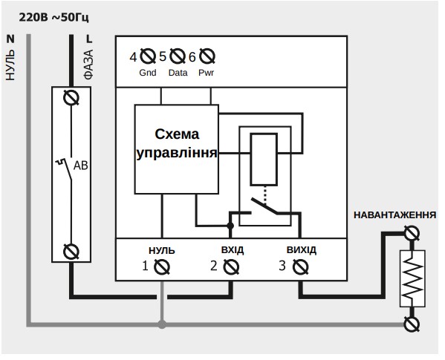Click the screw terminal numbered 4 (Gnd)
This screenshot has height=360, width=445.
click(x=148, y=56)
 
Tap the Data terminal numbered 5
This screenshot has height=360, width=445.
click(x=178, y=56)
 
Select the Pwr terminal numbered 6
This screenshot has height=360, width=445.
click(x=207, y=56)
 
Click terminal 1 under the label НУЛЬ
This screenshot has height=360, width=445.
click(x=162, y=267)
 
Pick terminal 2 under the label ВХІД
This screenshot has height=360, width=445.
click(x=231, y=267)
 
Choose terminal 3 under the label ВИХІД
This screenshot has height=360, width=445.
click(x=300, y=267)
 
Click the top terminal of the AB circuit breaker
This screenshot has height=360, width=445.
click(x=71, y=98)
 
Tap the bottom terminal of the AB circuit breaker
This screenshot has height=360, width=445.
click(x=71, y=252)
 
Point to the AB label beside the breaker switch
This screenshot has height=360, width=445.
click(x=80, y=166)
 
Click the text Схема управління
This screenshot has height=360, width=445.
click(x=177, y=144)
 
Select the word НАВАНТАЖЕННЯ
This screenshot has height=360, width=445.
click(x=394, y=215)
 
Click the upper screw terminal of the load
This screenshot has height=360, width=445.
click(x=412, y=234)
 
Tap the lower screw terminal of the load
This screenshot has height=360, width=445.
click(x=412, y=324)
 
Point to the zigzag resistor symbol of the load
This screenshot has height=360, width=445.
click(x=412, y=278)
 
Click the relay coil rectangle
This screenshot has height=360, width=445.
click(x=264, y=160)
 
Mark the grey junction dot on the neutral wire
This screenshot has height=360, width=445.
click(x=162, y=324)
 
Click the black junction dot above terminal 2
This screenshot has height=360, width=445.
click(x=230, y=226)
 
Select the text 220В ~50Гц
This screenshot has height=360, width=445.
click(x=53, y=18)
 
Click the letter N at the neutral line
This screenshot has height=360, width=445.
click(x=10, y=39)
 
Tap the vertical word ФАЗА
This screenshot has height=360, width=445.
click(x=88, y=65)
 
